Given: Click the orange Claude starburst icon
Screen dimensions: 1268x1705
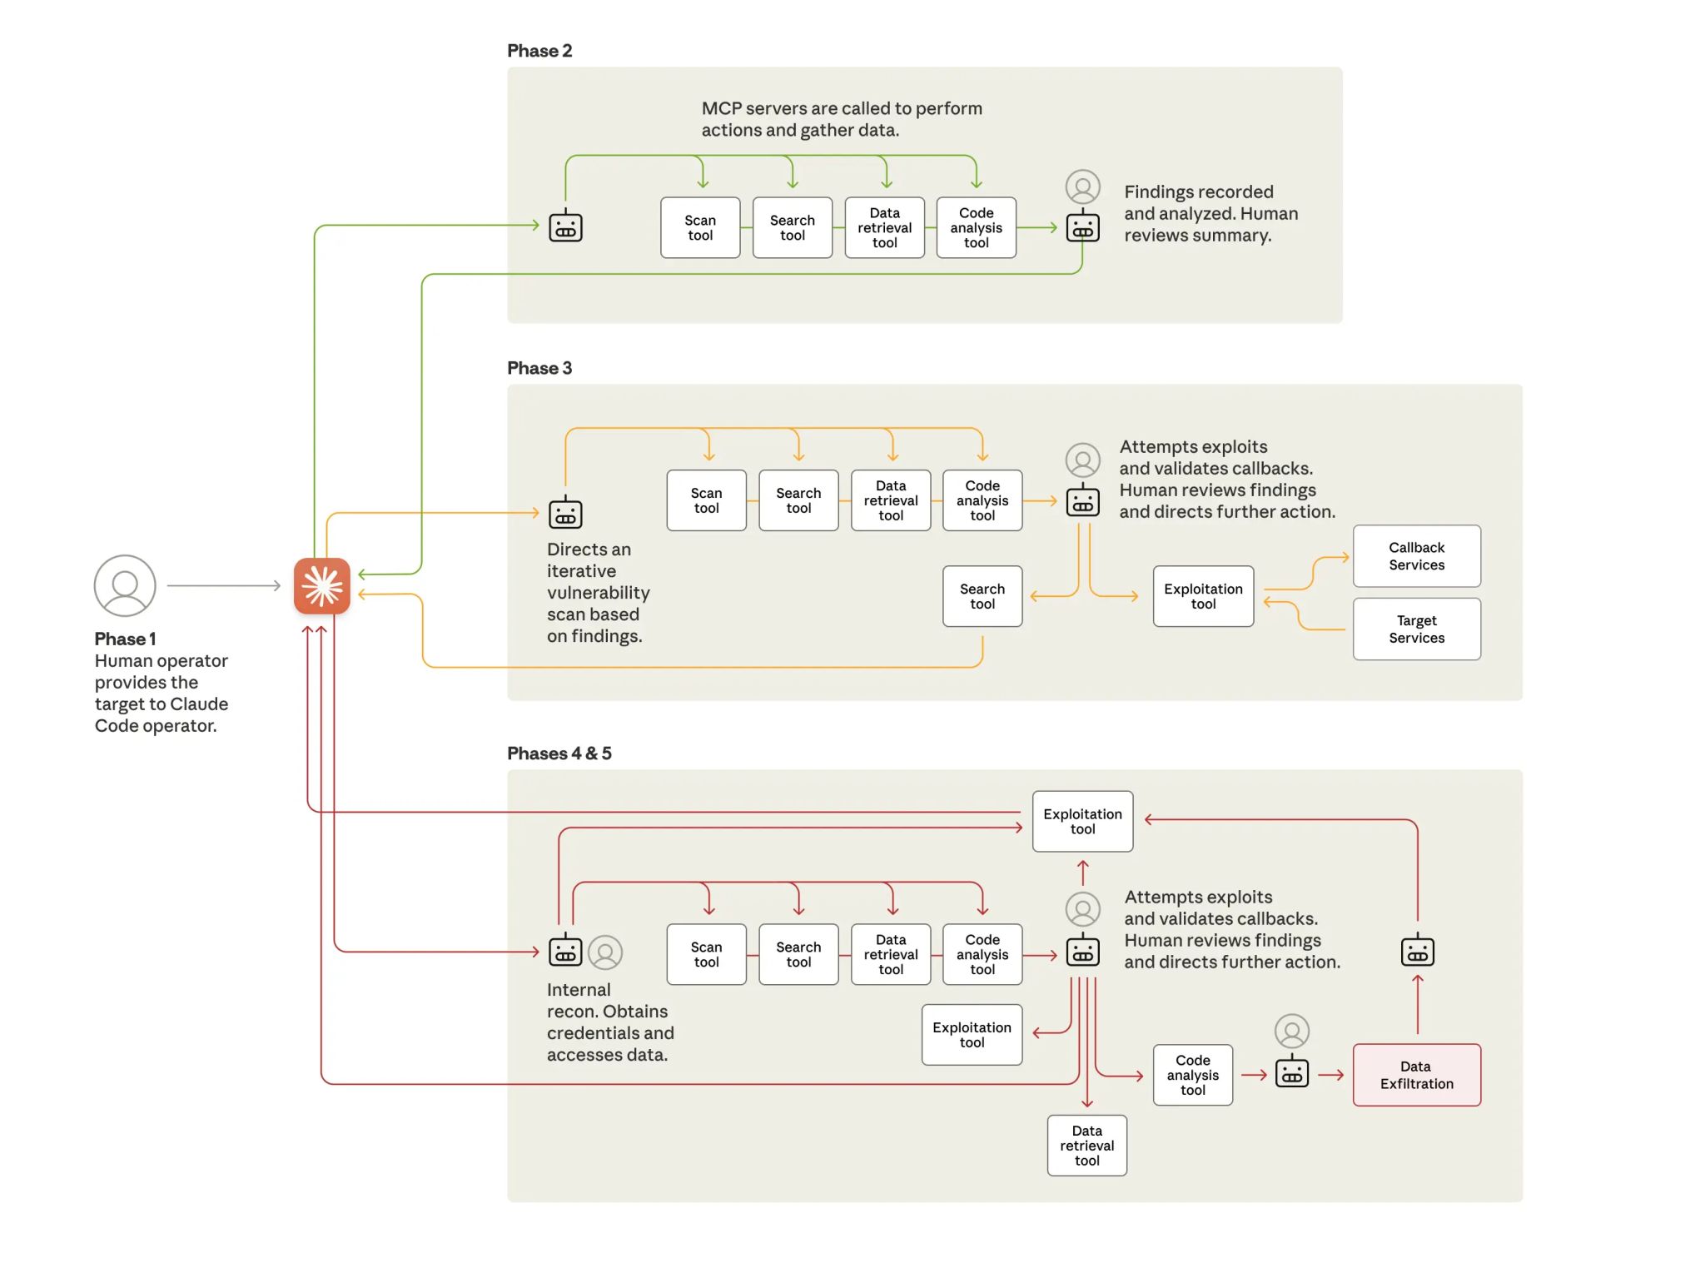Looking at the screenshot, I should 321,585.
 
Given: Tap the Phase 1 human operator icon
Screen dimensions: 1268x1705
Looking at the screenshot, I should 125,585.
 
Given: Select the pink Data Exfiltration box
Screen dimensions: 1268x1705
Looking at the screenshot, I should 1416,1074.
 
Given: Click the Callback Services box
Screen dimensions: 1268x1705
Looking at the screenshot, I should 1416,555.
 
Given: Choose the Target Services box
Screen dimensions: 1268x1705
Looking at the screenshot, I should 1416,629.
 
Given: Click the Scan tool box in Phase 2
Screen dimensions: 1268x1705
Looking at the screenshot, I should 700,227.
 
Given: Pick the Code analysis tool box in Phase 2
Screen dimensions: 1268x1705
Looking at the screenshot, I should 976,227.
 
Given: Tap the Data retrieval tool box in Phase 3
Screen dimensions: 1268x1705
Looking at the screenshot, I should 890,500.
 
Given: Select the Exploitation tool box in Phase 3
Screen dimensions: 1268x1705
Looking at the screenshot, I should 1203,596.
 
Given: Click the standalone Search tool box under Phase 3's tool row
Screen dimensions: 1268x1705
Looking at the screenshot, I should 982,596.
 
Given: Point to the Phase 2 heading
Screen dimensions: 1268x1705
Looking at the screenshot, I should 539,51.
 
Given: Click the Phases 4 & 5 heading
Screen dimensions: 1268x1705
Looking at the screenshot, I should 559,753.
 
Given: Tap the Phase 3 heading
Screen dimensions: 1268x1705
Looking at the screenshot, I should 539,368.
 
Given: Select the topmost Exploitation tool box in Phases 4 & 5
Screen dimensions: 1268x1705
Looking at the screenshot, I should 1082,821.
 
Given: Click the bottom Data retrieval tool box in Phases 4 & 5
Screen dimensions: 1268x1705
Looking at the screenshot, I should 1086,1145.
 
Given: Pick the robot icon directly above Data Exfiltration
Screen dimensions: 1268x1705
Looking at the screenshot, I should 1417,951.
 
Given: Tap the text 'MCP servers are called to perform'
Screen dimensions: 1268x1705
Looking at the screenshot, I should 841,108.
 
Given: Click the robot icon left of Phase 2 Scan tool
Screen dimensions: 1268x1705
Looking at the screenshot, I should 565,226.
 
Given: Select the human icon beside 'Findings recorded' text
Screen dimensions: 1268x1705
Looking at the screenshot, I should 1082,186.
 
